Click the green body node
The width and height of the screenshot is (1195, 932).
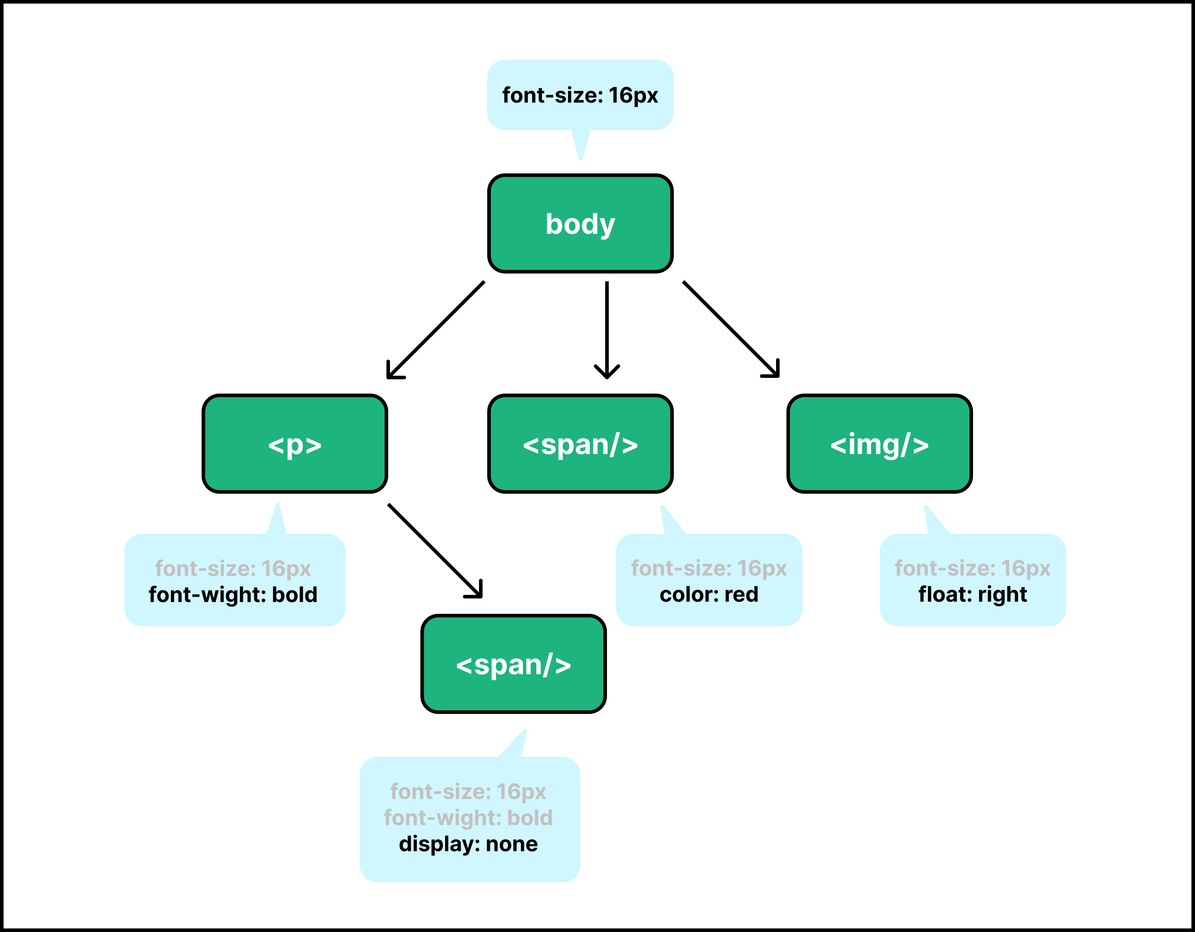click(580, 223)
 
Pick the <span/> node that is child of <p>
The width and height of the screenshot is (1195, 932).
click(513, 664)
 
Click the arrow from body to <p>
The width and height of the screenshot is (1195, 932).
click(435, 330)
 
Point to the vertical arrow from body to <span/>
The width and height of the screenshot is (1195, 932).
click(607, 330)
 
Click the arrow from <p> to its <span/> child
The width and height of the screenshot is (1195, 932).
click(435, 551)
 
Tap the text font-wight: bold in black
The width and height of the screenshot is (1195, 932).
click(233, 594)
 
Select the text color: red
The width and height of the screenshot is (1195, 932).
click(709, 594)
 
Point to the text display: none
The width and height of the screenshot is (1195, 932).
click(468, 844)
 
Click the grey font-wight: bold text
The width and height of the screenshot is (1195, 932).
click(468, 818)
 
